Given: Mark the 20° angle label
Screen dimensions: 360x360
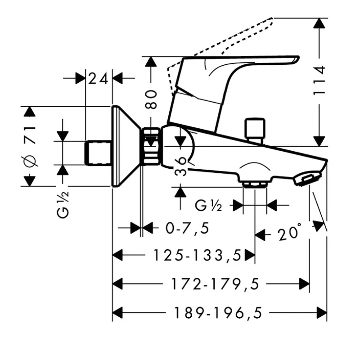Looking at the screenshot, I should [288, 234].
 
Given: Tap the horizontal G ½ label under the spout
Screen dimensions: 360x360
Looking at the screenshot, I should [209, 206].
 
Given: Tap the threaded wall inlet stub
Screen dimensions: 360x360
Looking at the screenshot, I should [99, 153].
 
